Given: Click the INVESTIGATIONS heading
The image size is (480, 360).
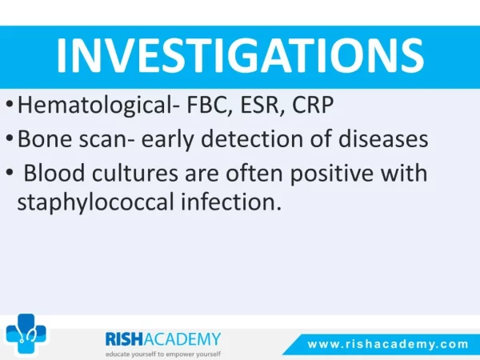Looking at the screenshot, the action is pyautogui.click(x=240, y=55).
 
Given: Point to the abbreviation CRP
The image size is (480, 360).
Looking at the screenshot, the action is pyautogui.click(x=313, y=105).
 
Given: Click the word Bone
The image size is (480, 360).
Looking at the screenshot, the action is pyautogui.click(x=45, y=138).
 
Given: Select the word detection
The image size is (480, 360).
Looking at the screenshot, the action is pyautogui.click(x=252, y=138).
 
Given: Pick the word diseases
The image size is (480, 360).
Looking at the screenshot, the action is pyautogui.click(x=383, y=138).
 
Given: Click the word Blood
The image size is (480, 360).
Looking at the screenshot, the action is pyautogui.click(x=54, y=173).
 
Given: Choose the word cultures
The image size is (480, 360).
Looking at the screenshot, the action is pyautogui.click(x=135, y=173).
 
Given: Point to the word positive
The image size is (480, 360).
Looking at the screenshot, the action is pyautogui.click(x=331, y=174).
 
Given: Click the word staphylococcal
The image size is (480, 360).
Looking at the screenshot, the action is pyautogui.click(x=95, y=202).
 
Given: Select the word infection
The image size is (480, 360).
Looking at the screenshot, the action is pyautogui.click(x=231, y=202).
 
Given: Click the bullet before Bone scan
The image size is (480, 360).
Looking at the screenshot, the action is pyautogui.click(x=10, y=138).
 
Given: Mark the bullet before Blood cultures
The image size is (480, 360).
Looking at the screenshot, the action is pyautogui.click(x=10, y=172).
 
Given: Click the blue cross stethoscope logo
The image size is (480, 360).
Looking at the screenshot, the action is pyautogui.click(x=26, y=334).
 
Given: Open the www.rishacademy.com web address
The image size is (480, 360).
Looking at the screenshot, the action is pyautogui.click(x=388, y=344).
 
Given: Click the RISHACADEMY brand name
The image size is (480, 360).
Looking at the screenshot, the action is pyautogui.click(x=163, y=339).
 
